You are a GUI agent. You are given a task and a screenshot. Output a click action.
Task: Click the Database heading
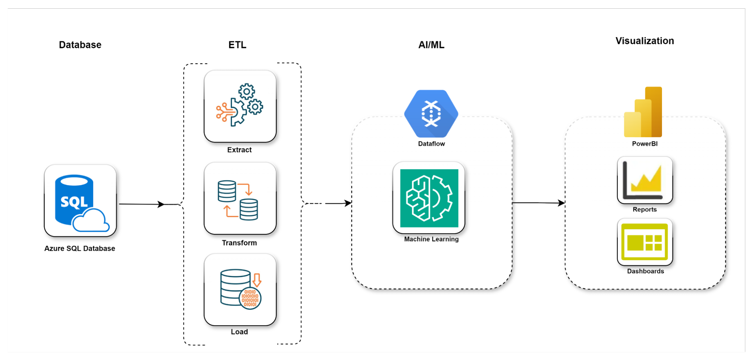[x=80, y=45]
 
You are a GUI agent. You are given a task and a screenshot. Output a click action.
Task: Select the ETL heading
[x=237, y=45]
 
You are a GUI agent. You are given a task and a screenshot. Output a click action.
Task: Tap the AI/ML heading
[x=431, y=45]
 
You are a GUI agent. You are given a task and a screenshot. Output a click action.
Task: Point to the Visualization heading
[x=645, y=41]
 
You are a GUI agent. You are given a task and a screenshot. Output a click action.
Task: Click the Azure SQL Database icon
[x=80, y=201]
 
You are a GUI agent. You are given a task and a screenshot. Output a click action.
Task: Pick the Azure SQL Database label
[x=80, y=248]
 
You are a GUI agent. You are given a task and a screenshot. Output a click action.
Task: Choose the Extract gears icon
[x=240, y=106]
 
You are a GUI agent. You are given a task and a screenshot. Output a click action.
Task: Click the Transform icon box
[x=240, y=198]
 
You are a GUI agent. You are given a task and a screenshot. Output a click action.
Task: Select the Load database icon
[x=240, y=290]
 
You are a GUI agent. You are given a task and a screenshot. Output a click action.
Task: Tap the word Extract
[x=239, y=150]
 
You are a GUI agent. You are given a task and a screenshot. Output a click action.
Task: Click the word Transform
[x=239, y=243]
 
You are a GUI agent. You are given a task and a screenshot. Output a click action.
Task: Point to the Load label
[x=239, y=332]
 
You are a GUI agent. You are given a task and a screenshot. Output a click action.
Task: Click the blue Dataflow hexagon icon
[x=431, y=113]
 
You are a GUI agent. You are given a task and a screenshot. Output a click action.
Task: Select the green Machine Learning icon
[x=429, y=198]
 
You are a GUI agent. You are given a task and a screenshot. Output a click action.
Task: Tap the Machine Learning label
[x=431, y=239]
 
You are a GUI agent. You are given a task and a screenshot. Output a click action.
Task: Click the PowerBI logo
[x=643, y=112]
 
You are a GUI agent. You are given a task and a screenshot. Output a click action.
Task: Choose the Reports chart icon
[x=645, y=180]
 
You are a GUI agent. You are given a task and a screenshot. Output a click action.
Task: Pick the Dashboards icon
[x=645, y=242]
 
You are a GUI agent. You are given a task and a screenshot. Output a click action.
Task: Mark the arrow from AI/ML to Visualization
[x=538, y=203]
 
